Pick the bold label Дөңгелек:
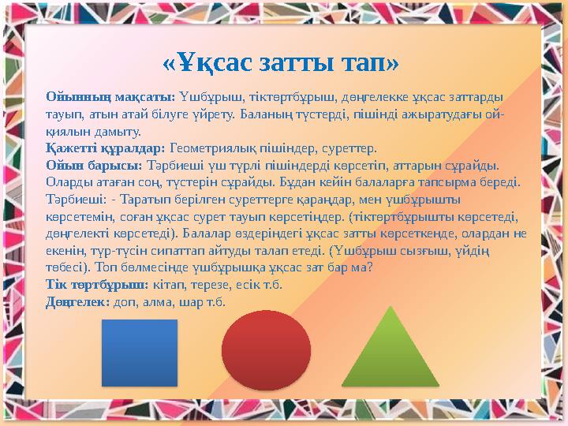tap(77, 301)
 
